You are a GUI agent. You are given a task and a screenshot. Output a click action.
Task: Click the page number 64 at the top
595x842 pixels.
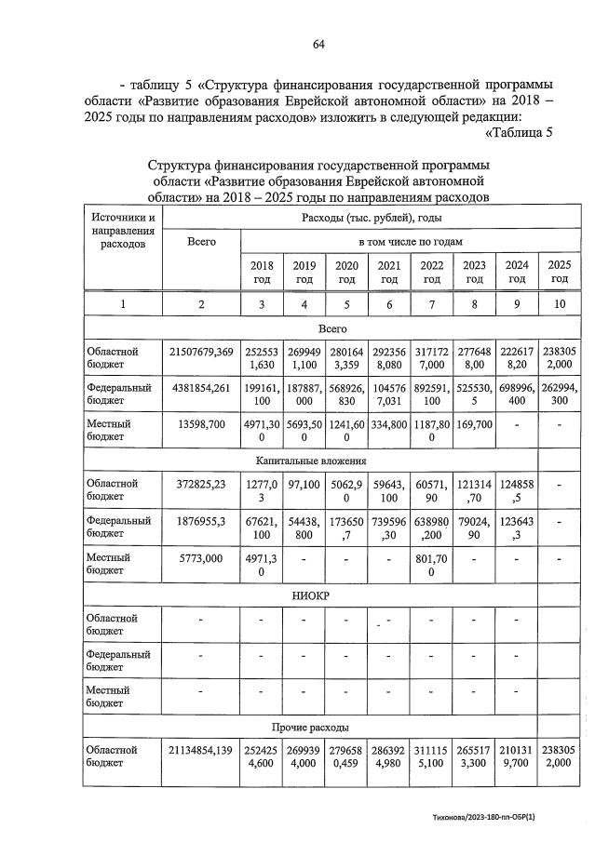pyautogui.click(x=318, y=44)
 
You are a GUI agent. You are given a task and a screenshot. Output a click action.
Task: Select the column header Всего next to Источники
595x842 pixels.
pyautogui.click(x=201, y=241)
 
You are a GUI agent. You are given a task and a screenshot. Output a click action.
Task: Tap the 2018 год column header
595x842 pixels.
pyautogui.click(x=262, y=272)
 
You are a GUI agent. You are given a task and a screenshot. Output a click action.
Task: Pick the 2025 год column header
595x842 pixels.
pyautogui.click(x=559, y=272)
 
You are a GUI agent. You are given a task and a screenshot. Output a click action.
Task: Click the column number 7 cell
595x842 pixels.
pyautogui.click(x=431, y=304)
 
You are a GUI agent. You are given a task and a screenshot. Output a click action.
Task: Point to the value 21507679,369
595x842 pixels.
pyautogui.click(x=201, y=352)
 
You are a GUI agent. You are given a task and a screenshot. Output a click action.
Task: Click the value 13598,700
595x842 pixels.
pyautogui.click(x=201, y=423)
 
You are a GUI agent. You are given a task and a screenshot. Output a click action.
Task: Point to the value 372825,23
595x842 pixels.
pyautogui.click(x=201, y=484)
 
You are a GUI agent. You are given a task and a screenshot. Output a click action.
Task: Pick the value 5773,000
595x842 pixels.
pyautogui.click(x=201, y=557)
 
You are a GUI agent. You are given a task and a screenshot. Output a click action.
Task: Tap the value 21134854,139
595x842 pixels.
pyautogui.click(x=201, y=750)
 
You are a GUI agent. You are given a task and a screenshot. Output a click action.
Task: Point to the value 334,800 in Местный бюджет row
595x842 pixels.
pyautogui.click(x=388, y=423)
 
